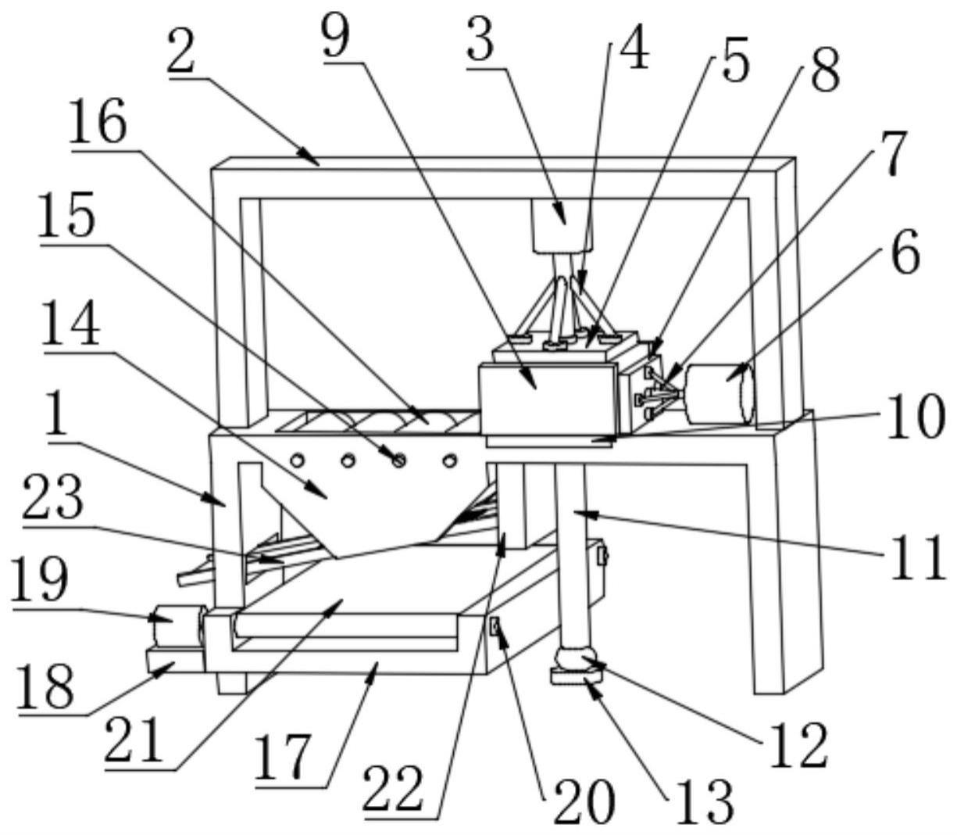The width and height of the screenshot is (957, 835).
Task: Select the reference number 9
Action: pos(336,37)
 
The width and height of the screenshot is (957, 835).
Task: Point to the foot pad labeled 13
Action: pos(576,679)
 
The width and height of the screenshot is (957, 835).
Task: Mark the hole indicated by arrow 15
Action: pos(398,461)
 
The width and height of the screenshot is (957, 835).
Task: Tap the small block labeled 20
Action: pos(495,625)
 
